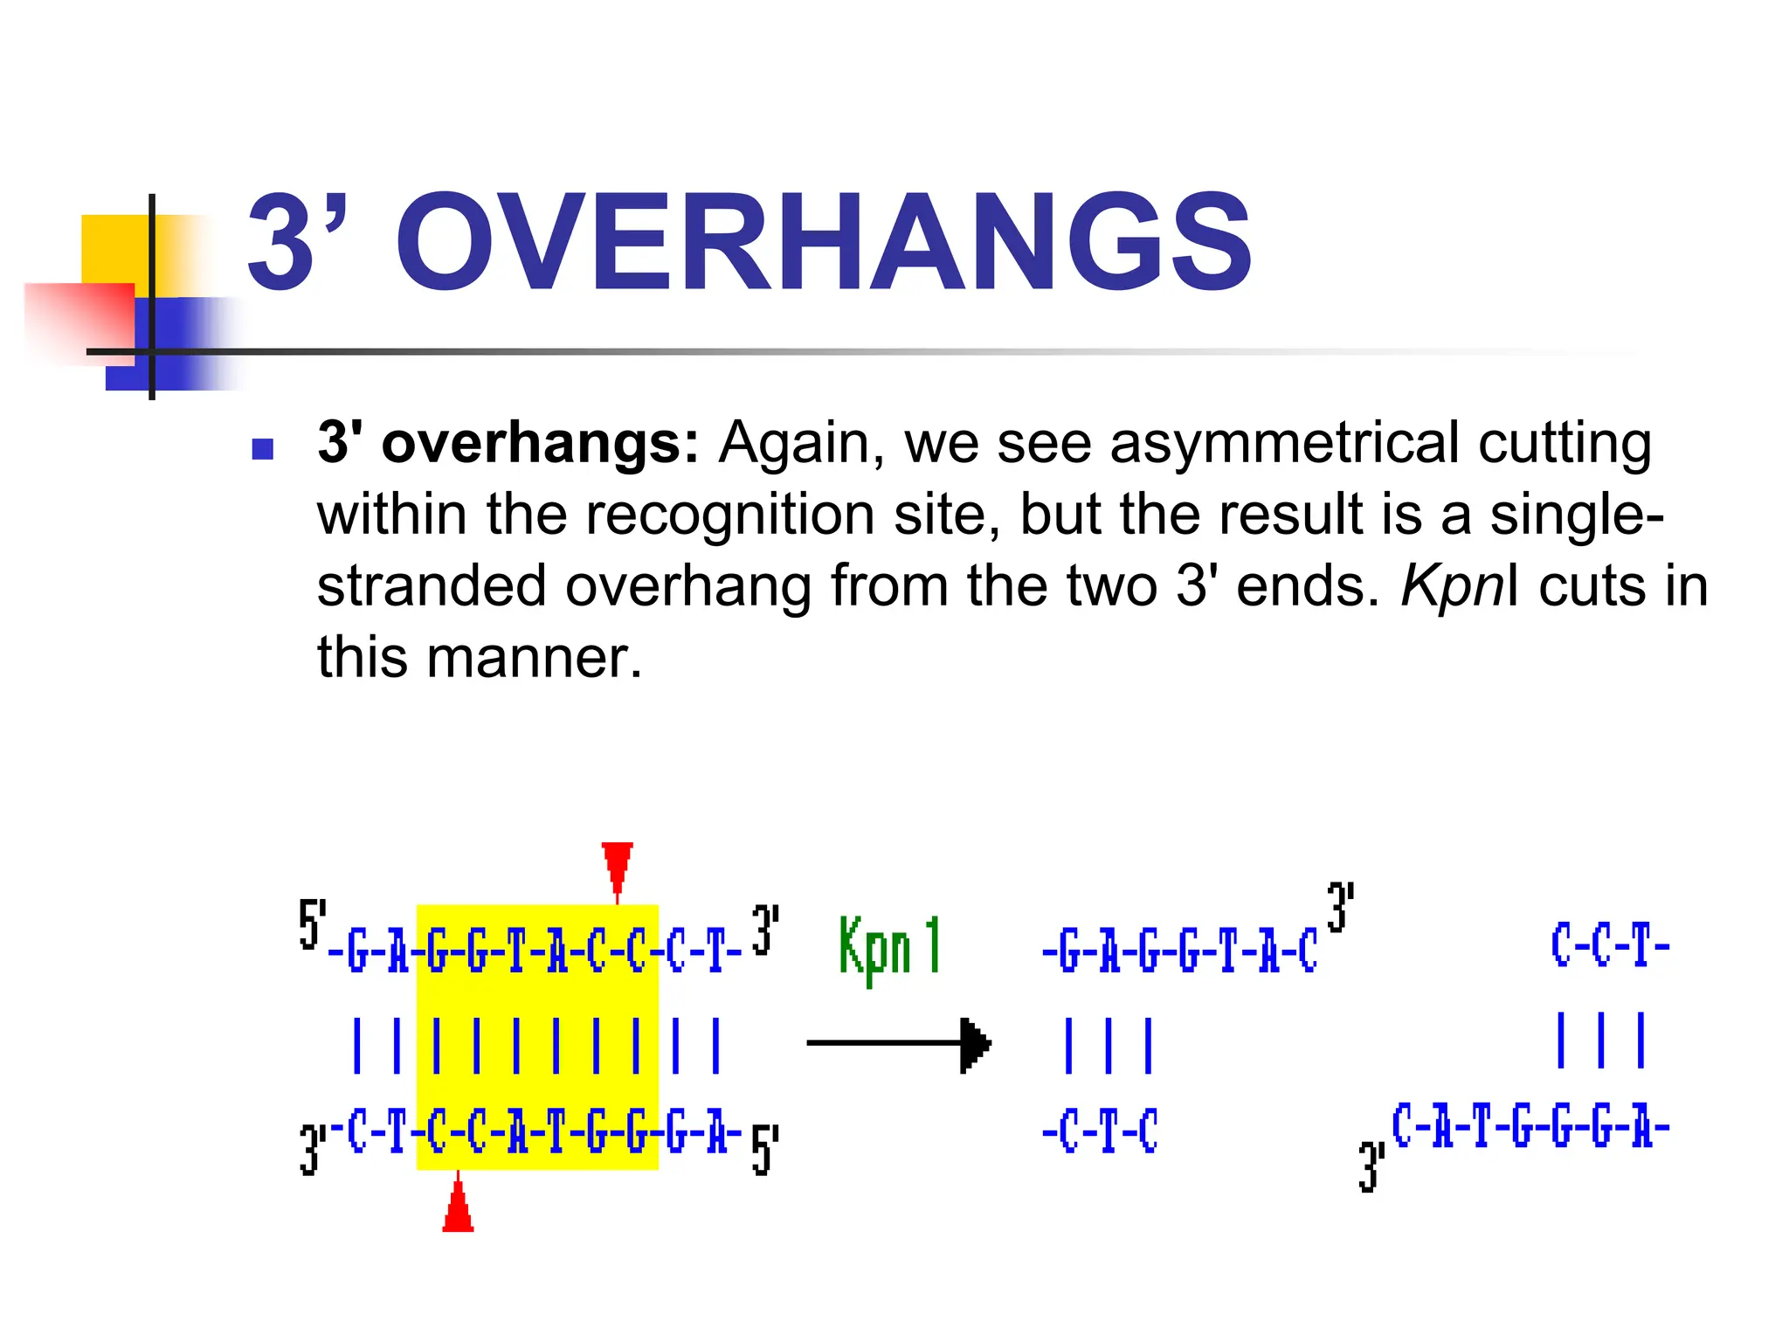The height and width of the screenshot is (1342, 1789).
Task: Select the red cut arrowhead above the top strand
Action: point(617,865)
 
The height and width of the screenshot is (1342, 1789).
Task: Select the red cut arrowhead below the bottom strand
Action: point(458,1208)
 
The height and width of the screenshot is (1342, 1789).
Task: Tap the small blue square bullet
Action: point(262,449)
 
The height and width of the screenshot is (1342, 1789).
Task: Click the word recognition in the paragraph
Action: point(729,514)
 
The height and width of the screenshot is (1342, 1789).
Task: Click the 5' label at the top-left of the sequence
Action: point(312,923)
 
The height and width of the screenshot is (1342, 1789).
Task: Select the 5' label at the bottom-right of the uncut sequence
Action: point(764,1150)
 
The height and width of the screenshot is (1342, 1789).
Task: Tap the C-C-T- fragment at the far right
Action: point(1610,945)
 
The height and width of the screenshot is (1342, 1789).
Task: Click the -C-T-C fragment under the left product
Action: point(1101,1131)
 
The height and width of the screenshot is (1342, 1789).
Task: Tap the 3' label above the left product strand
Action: point(1340,907)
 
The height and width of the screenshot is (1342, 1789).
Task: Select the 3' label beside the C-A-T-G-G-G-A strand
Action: point(1371,1166)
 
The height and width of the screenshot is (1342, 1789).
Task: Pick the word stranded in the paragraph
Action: point(432,585)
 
